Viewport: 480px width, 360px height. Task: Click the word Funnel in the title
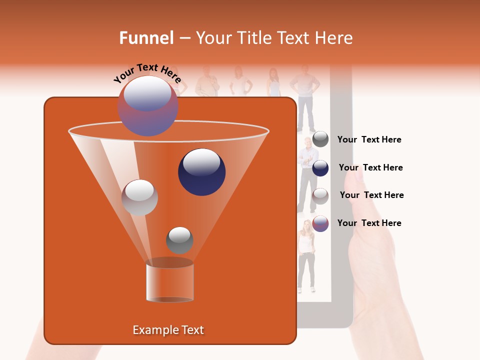pyautogui.click(x=146, y=38)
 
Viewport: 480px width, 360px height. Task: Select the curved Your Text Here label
pyautogui.click(x=147, y=73)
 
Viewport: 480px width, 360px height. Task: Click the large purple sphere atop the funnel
pyautogui.click(x=147, y=106)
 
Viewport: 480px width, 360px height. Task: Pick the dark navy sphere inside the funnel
pyautogui.click(x=201, y=172)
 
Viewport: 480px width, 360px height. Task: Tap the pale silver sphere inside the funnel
pyautogui.click(x=139, y=197)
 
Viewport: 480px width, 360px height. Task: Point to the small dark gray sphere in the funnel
pyautogui.click(x=179, y=240)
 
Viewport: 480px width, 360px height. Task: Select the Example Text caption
pyautogui.click(x=168, y=330)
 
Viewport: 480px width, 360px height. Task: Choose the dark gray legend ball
pyautogui.click(x=320, y=139)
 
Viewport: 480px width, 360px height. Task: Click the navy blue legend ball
pyautogui.click(x=320, y=168)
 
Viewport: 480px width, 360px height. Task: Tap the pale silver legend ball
pyautogui.click(x=320, y=196)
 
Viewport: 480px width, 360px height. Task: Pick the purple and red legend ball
pyautogui.click(x=320, y=223)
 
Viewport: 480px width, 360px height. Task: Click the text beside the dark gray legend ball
pyautogui.click(x=369, y=140)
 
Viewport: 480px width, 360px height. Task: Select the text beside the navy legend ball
pyautogui.click(x=370, y=167)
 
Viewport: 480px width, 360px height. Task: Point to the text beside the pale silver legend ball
pyautogui.click(x=371, y=195)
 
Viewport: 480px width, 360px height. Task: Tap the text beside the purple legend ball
pyautogui.click(x=369, y=223)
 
